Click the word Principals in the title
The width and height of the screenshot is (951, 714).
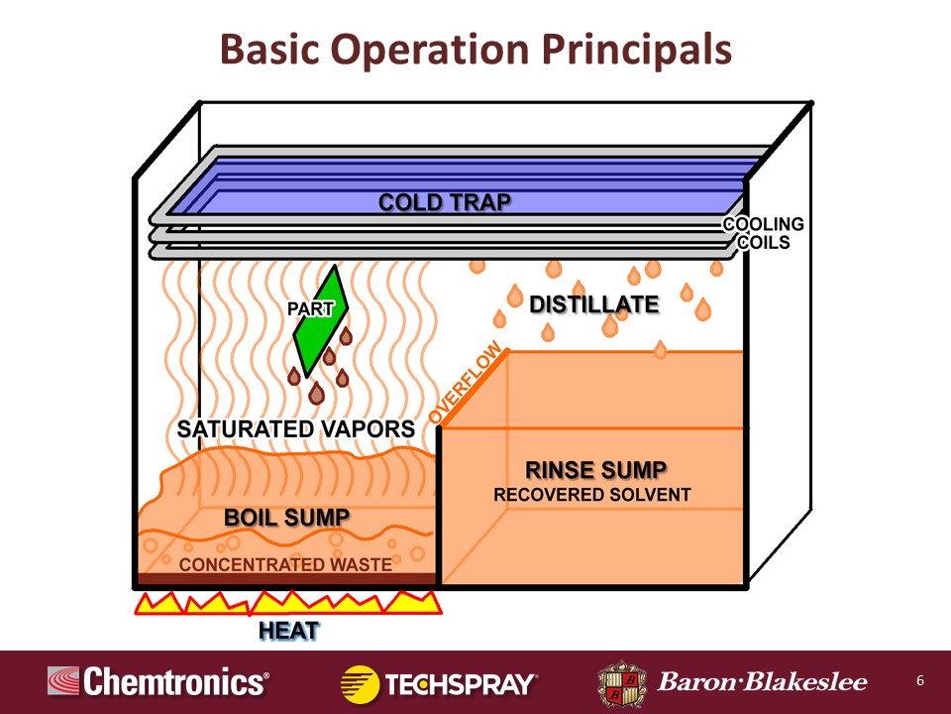tap(637, 50)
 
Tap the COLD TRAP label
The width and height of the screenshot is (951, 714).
tap(445, 202)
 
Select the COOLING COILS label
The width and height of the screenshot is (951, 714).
tap(764, 233)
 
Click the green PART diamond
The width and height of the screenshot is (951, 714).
tap(321, 321)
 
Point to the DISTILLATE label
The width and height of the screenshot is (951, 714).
tap(594, 304)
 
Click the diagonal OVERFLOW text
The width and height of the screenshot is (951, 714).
tap(466, 382)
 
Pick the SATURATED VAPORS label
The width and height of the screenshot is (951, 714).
tap(296, 429)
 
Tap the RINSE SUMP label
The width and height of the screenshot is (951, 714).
tap(595, 470)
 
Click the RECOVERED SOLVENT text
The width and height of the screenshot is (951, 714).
tap(592, 495)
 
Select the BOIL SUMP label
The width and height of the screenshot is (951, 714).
tap(286, 518)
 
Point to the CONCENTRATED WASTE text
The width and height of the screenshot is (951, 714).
tap(285, 564)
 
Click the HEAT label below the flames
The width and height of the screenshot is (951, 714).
tap(288, 631)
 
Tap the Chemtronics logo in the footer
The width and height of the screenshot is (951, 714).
tap(158, 681)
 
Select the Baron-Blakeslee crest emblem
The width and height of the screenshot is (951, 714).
tap(622, 683)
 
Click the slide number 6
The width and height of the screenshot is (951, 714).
tap(920, 680)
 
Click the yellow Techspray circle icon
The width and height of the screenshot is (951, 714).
tap(361, 684)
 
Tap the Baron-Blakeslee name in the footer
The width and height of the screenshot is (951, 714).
tap(763, 682)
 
